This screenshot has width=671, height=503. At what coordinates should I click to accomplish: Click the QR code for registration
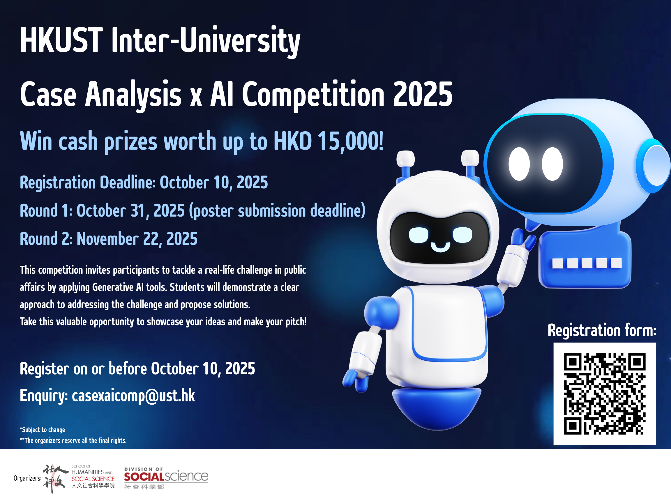click(605, 394)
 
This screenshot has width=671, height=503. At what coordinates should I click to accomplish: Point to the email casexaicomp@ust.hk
click(133, 396)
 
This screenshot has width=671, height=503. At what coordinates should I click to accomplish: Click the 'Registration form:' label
click(602, 330)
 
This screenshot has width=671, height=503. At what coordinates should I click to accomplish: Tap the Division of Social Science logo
click(166, 479)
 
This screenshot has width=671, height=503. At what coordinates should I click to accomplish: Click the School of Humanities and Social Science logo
click(79, 479)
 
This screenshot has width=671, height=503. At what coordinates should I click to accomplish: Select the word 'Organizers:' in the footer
click(27, 479)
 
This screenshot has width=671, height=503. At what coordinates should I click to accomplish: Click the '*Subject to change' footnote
click(43, 430)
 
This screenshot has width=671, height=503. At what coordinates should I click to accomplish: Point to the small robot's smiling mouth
click(440, 246)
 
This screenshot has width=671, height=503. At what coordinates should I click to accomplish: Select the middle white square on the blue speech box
click(587, 263)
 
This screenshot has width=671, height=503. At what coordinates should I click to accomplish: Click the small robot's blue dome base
click(437, 409)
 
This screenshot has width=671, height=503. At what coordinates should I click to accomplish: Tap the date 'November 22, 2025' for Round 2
click(137, 239)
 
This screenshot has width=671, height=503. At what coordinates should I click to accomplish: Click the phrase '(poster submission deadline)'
click(277, 211)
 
